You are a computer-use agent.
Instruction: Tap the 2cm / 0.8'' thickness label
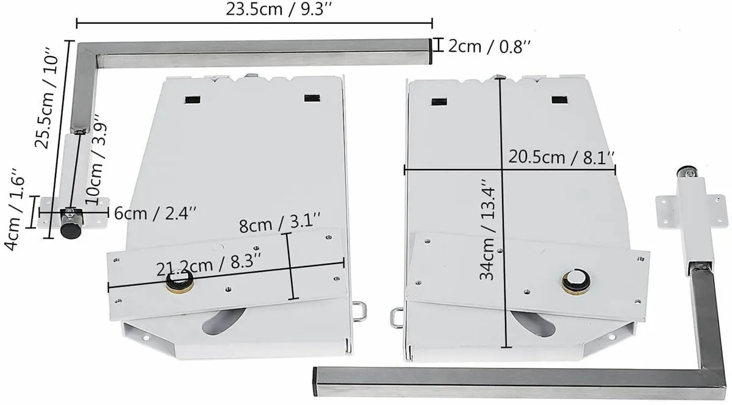coord(485,47)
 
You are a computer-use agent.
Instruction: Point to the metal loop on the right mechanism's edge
coord(396,315)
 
